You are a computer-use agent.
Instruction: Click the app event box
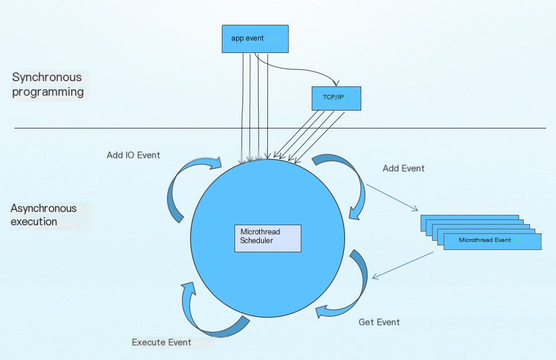tap(255, 39)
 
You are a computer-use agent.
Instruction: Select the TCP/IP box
tap(336, 98)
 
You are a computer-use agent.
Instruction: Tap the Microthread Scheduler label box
tap(268, 238)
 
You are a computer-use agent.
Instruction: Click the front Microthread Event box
tap(492, 241)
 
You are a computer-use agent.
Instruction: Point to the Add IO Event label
tap(133, 155)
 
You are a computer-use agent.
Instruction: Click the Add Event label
tap(403, 168)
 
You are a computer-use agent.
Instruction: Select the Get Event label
tap(379, 322)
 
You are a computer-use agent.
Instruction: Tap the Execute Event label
tap(161, 342)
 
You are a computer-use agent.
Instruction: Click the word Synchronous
tap(47, 77)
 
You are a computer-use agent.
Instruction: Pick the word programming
tap(48, 92)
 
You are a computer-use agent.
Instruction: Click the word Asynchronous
tap(43, 209)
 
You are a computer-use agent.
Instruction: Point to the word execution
tap(33, 222)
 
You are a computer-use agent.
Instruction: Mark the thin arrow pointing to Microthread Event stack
tap(392, 198)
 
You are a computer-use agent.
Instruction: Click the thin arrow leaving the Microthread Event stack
tap(403, 266)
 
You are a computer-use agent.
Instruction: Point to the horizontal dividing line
tap(280, 128)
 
